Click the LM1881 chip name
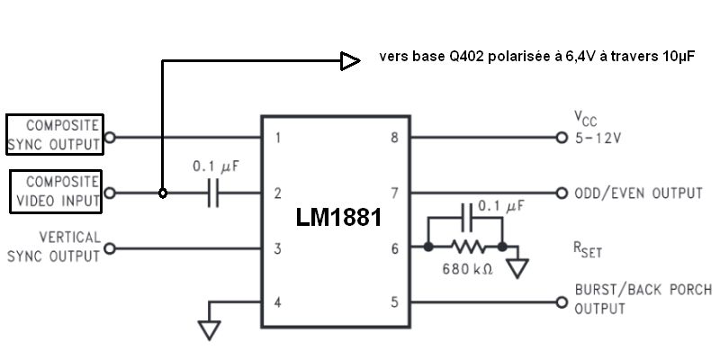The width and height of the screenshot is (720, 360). (338, 217)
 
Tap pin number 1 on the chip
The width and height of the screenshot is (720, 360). (277, 138)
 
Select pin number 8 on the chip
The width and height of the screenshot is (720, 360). (394, 138)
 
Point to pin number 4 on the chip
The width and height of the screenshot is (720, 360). (277, 302)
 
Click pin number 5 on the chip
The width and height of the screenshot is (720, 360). (394, 302)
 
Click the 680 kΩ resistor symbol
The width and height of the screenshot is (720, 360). (468, 247)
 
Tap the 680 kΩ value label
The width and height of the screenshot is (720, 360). (467, 269)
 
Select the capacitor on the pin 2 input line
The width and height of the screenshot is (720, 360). (212, 193)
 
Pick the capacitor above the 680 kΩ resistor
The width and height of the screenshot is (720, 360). (467, 218)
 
